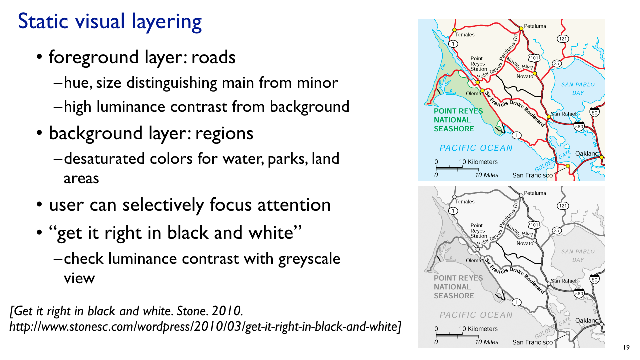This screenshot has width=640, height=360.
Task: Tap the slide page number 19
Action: click(626, 347)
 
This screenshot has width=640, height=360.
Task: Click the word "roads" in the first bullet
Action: click(213, 57)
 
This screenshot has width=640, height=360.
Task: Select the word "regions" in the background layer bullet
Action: click(224, 134)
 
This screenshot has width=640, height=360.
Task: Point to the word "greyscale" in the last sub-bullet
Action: click(309, 259)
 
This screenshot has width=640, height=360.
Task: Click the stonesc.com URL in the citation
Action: click(205, 327)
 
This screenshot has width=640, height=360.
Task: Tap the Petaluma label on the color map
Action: click(535, 26)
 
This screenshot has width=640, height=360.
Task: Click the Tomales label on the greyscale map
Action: click(465, 201)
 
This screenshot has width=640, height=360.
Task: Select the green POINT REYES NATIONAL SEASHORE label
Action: click(458, 120)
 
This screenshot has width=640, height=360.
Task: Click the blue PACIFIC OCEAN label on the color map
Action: click(476, 148)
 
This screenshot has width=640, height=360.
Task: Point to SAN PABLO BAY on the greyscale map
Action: click(578, 256)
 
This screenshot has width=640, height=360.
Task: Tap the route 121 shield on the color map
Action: click(563, 39)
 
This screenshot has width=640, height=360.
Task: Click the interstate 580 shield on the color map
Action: click(579, 126)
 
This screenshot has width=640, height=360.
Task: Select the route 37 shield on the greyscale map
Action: click(557, 230)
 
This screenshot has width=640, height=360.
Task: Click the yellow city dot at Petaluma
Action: click(521, 29)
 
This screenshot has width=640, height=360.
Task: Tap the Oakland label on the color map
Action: click(587, 154)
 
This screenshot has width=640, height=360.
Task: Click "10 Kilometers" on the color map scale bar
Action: click(478, 162)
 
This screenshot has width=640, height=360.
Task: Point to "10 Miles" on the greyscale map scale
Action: click(487, 342)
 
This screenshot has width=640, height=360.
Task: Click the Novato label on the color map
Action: click(525, 76)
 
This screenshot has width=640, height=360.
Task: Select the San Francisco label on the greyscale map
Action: click(533, 342)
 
